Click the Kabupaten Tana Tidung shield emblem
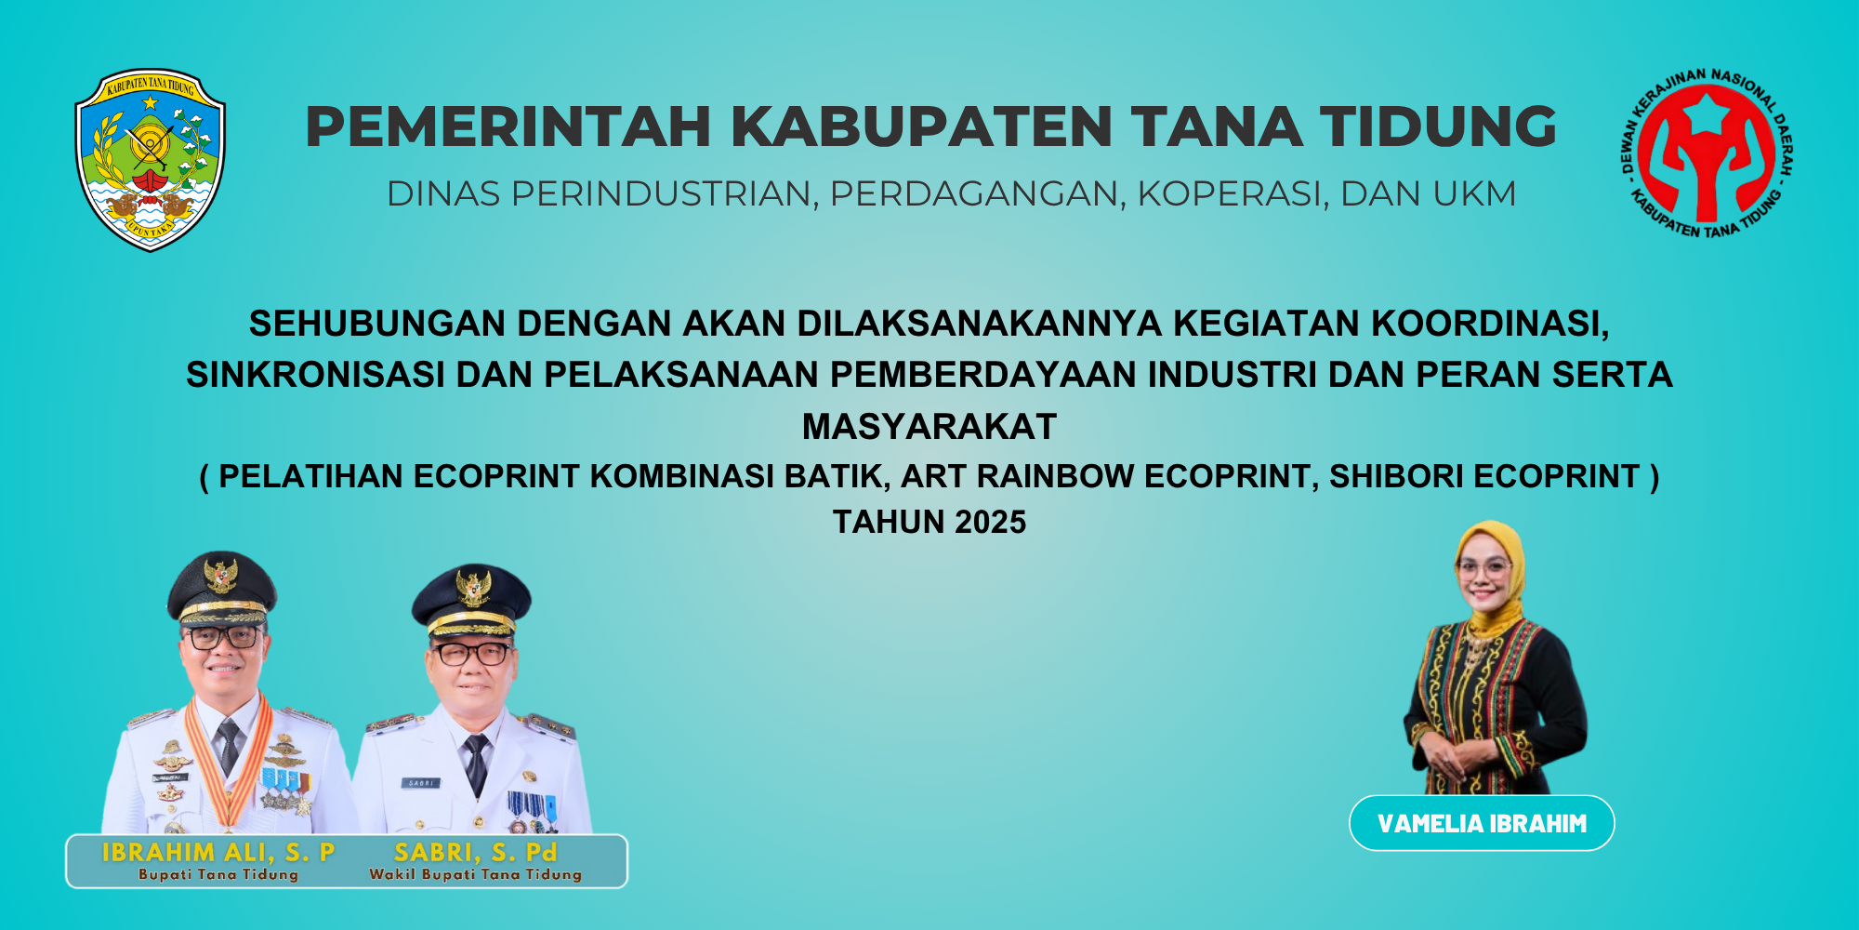click(150, 160)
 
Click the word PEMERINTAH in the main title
click(508, 126)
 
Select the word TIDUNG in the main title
click(1439, 126)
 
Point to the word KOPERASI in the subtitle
click(1232, 194)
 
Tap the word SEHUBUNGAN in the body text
click(377, 324)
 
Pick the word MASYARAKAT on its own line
click(929, 427)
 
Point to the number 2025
click(990, 523)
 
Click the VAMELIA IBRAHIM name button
click(1482, 823)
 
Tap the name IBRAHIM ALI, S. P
click(218, 852)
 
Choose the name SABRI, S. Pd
click(475, 852)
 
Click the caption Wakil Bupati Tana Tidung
click(475, 875)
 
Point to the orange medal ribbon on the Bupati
click(228, 763)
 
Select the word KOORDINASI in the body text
click(1490, 324)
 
